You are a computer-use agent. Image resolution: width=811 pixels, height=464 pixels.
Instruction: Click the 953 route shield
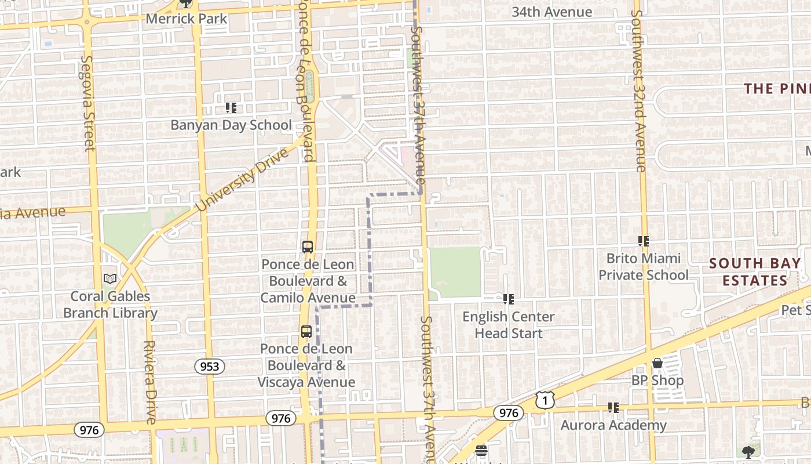pos(209,366)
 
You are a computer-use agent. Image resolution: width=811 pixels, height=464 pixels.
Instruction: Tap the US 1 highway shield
pos(545,400)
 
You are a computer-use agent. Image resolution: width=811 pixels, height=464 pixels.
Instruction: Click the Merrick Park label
pos(186,18)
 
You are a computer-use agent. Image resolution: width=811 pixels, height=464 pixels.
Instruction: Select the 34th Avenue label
pos(551,12)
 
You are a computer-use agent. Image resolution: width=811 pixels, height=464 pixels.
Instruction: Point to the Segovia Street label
pos(87,103)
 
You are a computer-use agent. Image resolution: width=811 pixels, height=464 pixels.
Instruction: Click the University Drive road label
pos(242,180)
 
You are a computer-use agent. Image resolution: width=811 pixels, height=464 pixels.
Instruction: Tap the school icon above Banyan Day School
pos(231,107)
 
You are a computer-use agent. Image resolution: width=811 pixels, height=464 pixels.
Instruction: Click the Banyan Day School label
pos(231,125)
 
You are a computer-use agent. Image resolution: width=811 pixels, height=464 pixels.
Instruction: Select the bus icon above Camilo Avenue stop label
pos(308,247)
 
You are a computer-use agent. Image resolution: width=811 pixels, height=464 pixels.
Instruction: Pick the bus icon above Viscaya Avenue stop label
pos(306,332)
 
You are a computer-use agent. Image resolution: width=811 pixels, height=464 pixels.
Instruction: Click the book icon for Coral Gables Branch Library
pos(110,278)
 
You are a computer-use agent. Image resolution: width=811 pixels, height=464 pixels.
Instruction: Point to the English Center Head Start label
pos(509,325)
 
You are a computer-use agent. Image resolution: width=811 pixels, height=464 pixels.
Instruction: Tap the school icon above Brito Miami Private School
pos(643,241)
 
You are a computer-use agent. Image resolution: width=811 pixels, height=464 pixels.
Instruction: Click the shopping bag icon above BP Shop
pos(657,363)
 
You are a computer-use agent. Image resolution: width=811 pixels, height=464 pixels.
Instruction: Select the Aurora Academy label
pos(613,425)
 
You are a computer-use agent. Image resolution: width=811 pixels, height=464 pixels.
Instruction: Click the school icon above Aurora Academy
pos(613,408)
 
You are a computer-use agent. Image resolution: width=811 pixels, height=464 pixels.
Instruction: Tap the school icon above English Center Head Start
pos(509,299)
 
